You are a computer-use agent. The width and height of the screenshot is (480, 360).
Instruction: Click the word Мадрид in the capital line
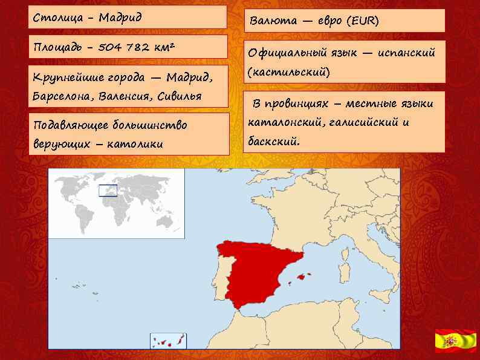click(x=121, y=18)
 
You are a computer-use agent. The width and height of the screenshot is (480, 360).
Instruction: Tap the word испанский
click(x=406, y=53)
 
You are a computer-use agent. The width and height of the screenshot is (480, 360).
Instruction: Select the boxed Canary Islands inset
click(x=169, y=341)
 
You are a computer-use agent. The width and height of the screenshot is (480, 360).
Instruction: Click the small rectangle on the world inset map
click(x=108, y=191)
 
